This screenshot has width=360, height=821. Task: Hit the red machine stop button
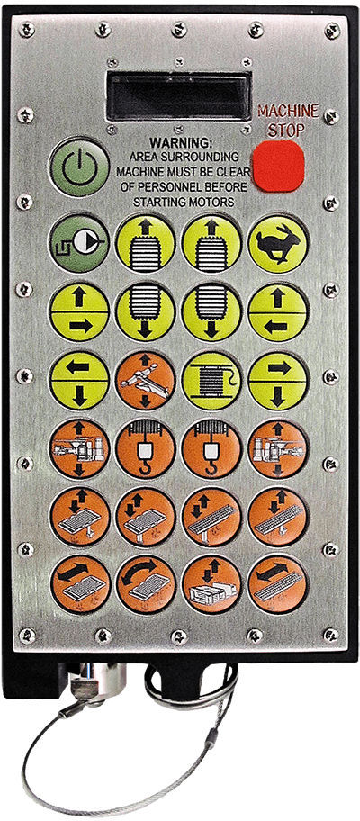pos(277,166)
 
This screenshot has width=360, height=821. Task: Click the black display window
pos(178,96)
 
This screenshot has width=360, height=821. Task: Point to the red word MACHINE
pos(288,111)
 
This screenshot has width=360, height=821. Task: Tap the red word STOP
pos(286,131)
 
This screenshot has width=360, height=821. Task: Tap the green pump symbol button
pos(79,242)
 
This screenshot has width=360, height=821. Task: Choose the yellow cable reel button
pos(211,379)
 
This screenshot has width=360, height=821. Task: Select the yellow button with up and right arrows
pos(79,312)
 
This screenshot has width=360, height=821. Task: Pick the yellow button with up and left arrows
pos(278,312)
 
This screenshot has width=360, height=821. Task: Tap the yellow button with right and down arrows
pos(278,379)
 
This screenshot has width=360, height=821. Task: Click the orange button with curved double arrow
pos(146,584)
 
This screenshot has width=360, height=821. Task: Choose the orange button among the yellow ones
pos(146,379)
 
